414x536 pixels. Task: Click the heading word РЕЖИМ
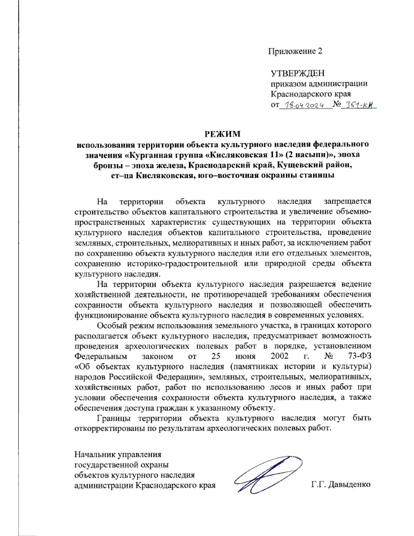pos(223,134)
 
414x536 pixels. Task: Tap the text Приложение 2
pos(295,51)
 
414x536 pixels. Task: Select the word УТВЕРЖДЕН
pos(297,73)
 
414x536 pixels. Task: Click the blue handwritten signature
pos(267,475)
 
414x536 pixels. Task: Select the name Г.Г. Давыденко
pos(341,485)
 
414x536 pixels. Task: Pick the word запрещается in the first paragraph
pos(347,202)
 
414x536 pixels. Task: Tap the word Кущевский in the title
pos(300,165)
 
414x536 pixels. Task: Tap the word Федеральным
pos(101,356)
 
